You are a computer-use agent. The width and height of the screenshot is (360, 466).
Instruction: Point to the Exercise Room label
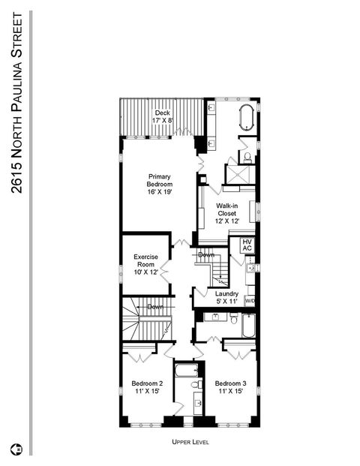(x=145, y=264)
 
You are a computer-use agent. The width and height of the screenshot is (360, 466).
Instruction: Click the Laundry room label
(x=226, y=297)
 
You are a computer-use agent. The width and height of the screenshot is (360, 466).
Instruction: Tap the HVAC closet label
(x=247, y=246)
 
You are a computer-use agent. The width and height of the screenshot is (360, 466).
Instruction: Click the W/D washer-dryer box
(x=250, y=301)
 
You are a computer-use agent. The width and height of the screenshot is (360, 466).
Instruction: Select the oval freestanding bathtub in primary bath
(x=246, y=119)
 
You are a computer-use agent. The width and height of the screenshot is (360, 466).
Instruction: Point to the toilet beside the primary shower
(x=247, y=158)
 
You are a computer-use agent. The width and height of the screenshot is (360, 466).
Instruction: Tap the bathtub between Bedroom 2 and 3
(x=185, y=369)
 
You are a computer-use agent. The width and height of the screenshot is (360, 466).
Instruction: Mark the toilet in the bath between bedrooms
(x=195, y=384)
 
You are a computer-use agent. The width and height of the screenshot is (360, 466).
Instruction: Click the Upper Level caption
(x=190, y=443)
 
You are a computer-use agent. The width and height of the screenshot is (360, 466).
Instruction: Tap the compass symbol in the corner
(x=17, y=450)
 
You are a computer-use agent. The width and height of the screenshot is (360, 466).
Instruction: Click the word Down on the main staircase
(x=156, y=307)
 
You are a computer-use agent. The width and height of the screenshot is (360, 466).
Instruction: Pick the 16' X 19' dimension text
(x=159, y=192)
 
